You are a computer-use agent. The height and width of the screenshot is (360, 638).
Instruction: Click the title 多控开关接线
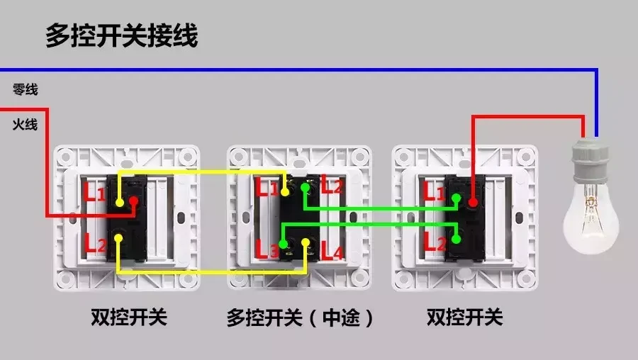click(x=121, y=35)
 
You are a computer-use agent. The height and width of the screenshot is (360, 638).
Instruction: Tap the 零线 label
click(x=25, y=90)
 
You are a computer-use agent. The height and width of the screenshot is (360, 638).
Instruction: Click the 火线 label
click(x=25, y=125)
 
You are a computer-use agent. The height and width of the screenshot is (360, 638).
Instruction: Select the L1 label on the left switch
click(x=95, y=191)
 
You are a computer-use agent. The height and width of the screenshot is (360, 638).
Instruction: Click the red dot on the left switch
click(x=132, y=203)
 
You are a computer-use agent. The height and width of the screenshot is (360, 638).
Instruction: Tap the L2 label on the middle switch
click(x=332, y=186)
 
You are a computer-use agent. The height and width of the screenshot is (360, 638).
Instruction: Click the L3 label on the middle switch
click(x=267, y=249)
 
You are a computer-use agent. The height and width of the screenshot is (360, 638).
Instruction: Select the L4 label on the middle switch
click(x=332, y=250)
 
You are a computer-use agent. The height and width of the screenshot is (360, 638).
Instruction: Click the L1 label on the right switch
click(x=434, y=191)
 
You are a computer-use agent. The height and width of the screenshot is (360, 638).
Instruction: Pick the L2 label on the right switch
click(x=434, y=242)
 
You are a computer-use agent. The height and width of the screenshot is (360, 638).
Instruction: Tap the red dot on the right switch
click(x=473, y=203)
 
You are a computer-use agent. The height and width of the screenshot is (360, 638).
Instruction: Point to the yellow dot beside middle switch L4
click(x=307, y=244)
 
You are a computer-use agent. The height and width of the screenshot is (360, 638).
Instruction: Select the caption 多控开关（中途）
click(x=301, y=317)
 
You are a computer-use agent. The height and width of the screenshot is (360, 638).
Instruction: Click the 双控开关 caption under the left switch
click(x=129, y=317)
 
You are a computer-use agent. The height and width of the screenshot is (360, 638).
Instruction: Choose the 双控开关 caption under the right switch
click(x=465, y=317)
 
